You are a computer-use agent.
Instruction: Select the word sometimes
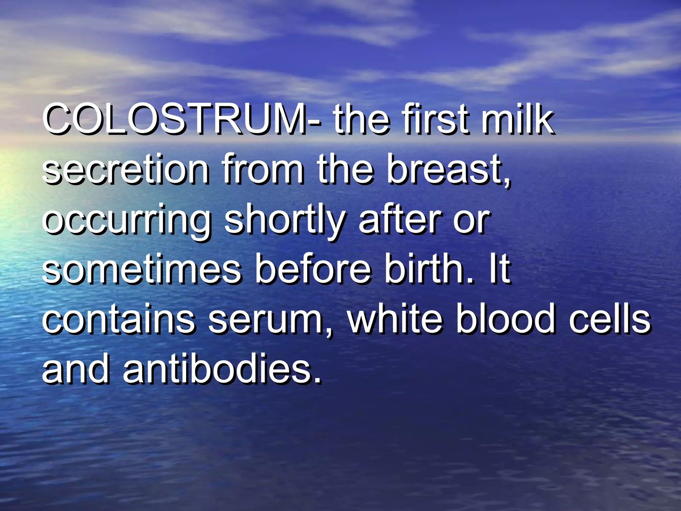pyautogui.click(x=141, y=269)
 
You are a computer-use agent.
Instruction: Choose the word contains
pyautogui.click(x=118, y=319)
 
